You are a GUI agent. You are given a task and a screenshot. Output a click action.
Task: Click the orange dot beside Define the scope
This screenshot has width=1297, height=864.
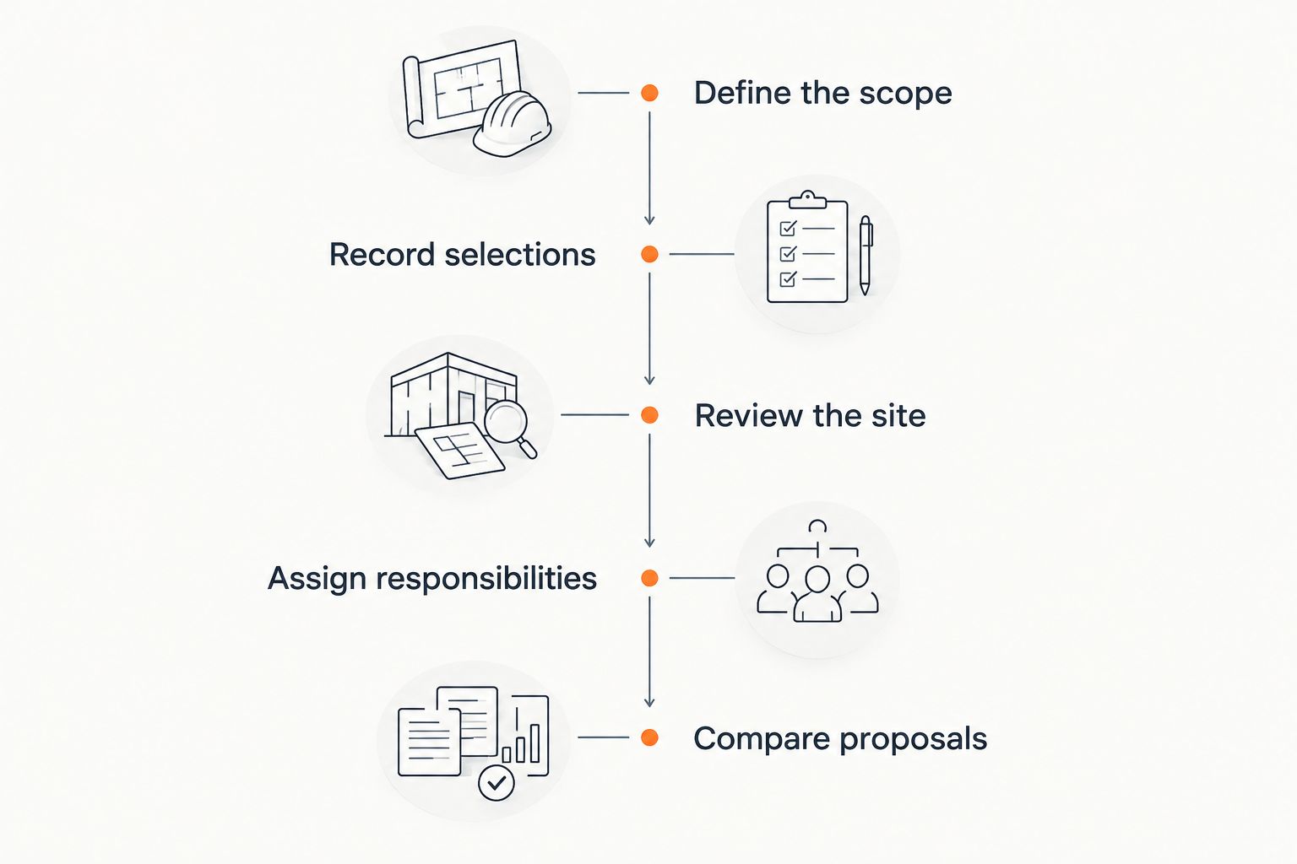pyautogui.click(x=649, y=93)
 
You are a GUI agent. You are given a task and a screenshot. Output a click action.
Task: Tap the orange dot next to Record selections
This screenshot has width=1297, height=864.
pyautogui.click(x=649, y=254)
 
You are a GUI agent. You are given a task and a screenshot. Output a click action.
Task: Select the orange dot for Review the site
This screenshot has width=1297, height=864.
pyautogui.click(x=649, y=415)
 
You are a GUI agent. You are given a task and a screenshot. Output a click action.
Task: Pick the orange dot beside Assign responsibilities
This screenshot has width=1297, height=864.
pyautogui.click(x=649, y=577)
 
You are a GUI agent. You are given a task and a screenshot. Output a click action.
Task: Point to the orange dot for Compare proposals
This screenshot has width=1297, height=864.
pyautogui.click(x=649, y=737)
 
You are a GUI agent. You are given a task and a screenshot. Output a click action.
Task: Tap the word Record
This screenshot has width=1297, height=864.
pyautogui.click(x=383, y=254)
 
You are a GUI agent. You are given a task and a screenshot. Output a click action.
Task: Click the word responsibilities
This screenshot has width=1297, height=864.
pyautogui.click(x=486, y=579)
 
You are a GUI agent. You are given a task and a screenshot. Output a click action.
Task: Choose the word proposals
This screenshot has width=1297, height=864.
pyautogui.click(x=913, y=740)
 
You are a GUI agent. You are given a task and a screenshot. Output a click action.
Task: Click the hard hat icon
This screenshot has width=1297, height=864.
pyautogui.click(x=512, y=123)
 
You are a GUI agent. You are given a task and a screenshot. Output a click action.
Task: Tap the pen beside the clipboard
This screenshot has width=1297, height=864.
pyautogui.click(x=866, y=255)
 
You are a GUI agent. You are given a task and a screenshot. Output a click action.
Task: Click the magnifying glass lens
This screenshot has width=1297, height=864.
pyautogui.click(x=506, y=422)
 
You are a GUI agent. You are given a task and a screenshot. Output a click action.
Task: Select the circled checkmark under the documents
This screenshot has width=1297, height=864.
pyautogui.click(x=497, y=783)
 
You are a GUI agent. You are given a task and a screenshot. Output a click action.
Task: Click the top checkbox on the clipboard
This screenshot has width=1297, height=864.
pyautogui.click(x=788, y=228)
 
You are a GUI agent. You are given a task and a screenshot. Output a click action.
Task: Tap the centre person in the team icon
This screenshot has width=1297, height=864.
pyautogui.click(x=817, y=594)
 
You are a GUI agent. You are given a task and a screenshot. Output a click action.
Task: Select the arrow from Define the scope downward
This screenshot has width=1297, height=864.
pyautogui.click(x=649, y=168)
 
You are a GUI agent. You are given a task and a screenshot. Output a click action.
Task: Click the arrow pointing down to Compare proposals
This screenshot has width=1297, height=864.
pyautogui.click(x=649, y=651)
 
